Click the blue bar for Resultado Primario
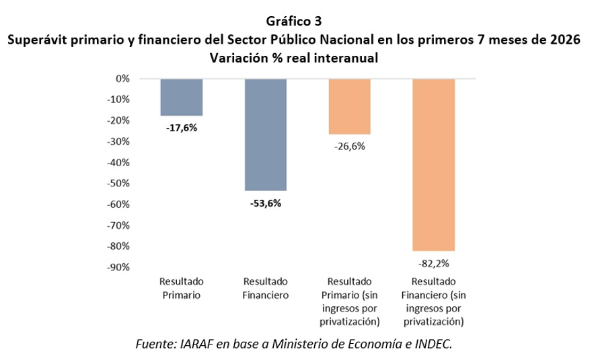pos(182,98)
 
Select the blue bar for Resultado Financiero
pos(265,135)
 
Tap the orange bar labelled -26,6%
pos(349,106)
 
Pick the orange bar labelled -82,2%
pos(433,165)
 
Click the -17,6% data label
pos(182,128)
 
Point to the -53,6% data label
pos(266,203)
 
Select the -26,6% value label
pos(350,147)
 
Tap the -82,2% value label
pos(434,264)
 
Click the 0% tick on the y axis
pos(123,79)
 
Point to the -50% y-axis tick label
pos(118,183)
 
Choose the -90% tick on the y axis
pos(118,267)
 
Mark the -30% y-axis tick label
pos(118,141)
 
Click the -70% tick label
pos(118,225)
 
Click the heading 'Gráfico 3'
pos(294,22)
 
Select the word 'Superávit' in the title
pos(37,40)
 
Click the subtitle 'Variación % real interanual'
pos(294,58)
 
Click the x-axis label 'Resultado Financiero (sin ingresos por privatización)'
pos(434,301)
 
